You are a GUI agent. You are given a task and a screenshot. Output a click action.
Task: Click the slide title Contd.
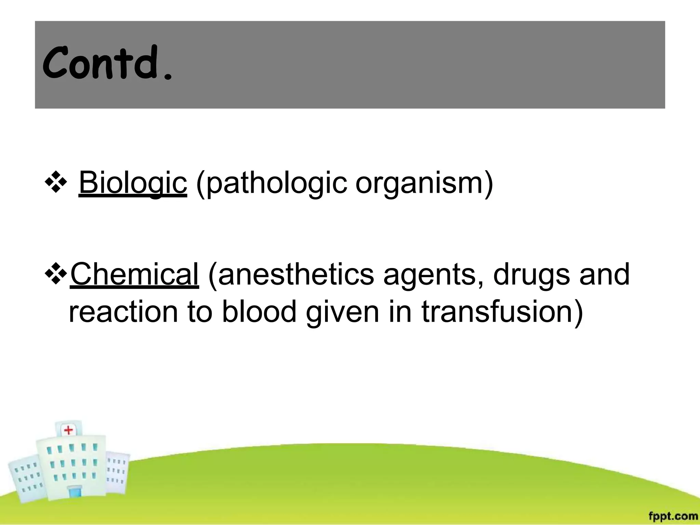[107, 64]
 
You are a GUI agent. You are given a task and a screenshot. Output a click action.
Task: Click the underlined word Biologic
[133, 183]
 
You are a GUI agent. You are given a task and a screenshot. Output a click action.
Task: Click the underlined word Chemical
[134, 274]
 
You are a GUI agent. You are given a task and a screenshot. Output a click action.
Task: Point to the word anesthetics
[296, 274]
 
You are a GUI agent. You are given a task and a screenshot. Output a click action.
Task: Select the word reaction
[123, 312]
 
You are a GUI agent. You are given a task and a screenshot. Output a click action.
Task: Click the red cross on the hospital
[69, 430]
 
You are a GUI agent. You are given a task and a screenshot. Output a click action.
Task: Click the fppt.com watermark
[673, 515]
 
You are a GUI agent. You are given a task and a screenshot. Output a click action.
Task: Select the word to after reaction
[200, 312]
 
